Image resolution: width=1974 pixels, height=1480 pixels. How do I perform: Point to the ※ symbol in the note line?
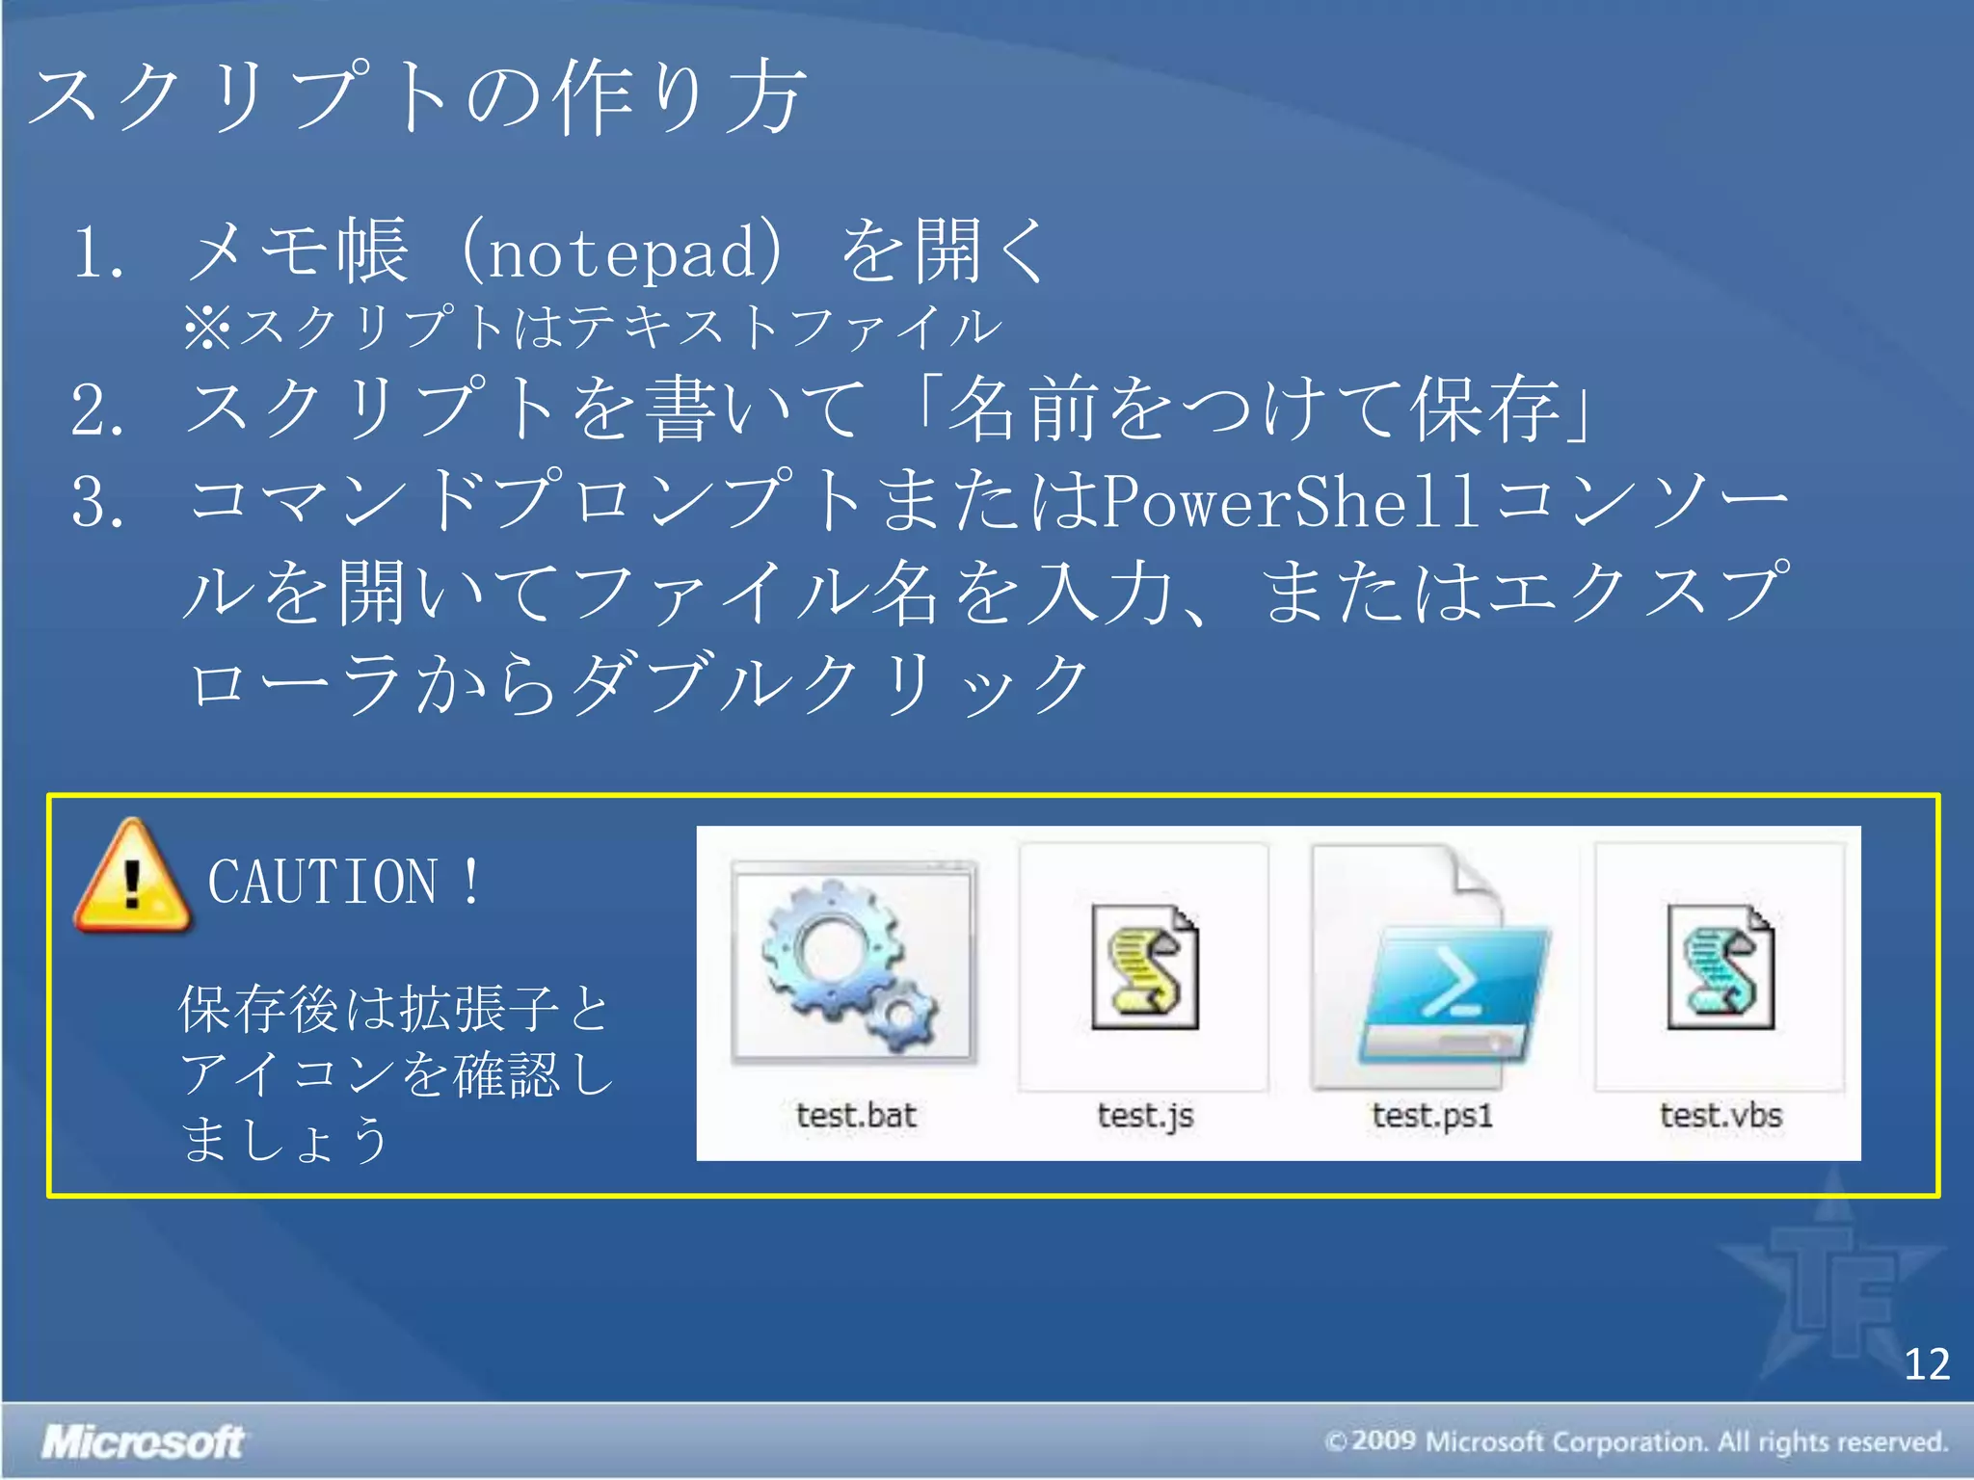point(206,328)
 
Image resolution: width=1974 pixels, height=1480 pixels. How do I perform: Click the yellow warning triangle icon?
point(132,878)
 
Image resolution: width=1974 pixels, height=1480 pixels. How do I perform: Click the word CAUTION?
point(323,883)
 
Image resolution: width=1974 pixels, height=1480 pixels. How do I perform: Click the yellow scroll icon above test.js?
point(1144,967)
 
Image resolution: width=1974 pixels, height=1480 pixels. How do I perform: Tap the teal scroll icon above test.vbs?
point(1720,967)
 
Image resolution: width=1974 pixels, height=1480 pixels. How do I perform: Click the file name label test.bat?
point(855,1116)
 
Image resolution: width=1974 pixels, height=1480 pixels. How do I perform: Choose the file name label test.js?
point(1145,1116)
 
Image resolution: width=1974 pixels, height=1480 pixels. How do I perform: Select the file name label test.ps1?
point(1432,1116)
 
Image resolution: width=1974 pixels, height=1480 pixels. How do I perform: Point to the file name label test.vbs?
point(1721,1116)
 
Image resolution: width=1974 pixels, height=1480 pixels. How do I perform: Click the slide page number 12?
point(1926,1364)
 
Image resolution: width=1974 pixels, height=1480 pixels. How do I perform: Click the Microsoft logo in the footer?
point(143,1442)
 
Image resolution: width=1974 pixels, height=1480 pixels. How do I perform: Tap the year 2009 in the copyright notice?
point(1383,1441)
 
